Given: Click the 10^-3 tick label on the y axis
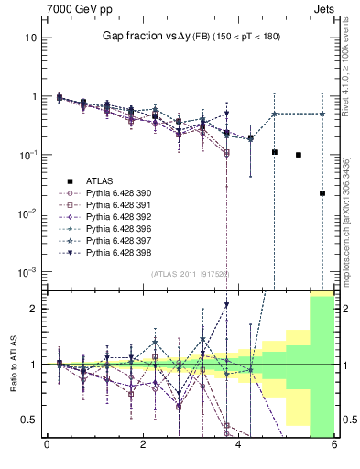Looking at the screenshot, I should (27, 272).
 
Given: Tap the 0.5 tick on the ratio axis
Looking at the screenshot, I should (29, 420).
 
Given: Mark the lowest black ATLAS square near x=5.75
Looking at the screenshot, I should (322, 193).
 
